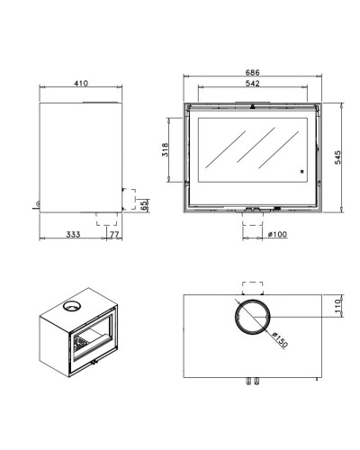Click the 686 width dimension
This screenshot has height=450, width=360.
point(252,72)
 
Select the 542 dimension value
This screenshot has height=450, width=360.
point(252,84)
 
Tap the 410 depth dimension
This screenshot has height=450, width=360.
point(81,83)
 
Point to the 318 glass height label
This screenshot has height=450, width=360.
point(166,149)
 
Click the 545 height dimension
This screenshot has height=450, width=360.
point(337,157)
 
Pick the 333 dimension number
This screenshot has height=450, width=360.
point(74,234)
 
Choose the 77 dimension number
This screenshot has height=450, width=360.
point(114,235)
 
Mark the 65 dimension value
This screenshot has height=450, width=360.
point(144,205)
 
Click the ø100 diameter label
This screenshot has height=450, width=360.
point(277,234)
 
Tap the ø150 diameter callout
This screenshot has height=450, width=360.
point(280,339)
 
